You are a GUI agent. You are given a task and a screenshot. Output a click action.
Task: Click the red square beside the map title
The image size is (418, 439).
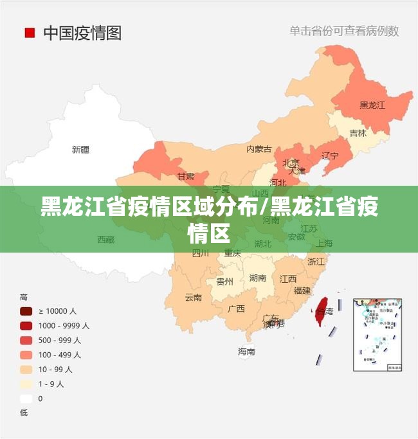coord(30,33)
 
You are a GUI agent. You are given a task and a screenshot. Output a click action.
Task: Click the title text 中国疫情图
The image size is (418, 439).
coord(82,33)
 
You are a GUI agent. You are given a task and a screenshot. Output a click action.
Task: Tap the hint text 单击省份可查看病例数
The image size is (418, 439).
coord(343,30)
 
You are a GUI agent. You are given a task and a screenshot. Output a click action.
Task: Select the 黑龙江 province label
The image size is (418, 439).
coord(372,105)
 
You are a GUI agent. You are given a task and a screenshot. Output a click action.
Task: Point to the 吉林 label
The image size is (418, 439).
coord(358,134)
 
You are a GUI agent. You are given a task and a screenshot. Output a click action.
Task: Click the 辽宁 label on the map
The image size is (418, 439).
coord(330,156)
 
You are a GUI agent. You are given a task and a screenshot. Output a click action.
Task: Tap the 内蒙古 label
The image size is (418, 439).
coord(259,149)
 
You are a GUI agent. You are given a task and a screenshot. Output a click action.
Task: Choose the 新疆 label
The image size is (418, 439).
coord(80,150)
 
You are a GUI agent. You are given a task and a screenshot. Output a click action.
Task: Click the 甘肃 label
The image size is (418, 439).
coord(186,176)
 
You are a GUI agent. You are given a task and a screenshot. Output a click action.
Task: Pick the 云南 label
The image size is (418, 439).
coord(193,298)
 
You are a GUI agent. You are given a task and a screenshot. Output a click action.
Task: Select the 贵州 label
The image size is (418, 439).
coord(224,282)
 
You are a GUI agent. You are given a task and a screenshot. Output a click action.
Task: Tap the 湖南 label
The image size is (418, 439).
coord(258,278)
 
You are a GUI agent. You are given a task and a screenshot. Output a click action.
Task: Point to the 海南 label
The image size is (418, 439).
coord(246,352)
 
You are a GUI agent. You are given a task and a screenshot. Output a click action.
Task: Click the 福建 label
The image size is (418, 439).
coord(302,291)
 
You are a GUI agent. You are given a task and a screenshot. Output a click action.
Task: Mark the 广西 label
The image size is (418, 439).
coord(236,309)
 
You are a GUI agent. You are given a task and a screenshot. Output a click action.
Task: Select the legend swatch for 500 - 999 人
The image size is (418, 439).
coord(26,341)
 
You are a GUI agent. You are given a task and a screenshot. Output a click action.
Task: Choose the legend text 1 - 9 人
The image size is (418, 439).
coord(51,384)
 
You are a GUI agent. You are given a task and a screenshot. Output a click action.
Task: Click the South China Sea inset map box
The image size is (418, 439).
coord(377,335)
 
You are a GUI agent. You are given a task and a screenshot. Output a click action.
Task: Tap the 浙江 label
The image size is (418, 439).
coord(316,262)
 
